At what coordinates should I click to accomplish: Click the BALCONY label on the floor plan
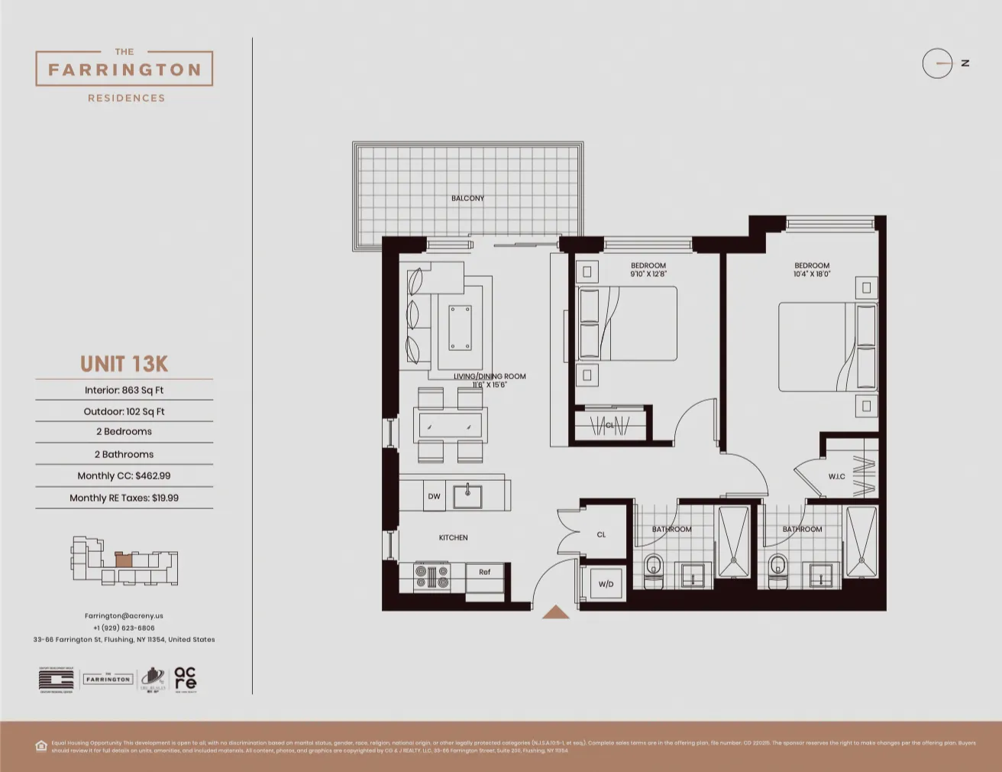(x=467, y=198)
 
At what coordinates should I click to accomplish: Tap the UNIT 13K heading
(x=124, y=364)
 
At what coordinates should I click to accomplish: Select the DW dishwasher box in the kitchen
(x=434, y=496)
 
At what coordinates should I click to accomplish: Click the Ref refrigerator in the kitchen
(x=485, y=573)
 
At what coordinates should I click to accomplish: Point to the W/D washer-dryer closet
(x=606, y=584)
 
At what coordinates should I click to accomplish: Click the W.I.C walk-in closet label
(x=836, y=476)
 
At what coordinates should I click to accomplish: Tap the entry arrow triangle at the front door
(x=555, y=612)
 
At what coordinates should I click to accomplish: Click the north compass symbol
(x=938, y=63)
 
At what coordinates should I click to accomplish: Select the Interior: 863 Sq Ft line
(x=124, y=390)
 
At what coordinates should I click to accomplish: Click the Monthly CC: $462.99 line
(x=124, y=475)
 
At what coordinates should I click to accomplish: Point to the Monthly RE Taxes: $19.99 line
(x=124, y=498)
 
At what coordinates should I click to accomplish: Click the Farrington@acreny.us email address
(x=124, y=615)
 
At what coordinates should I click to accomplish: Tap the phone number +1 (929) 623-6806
(x=124, y=628)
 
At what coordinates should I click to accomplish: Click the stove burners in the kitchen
(x=432, y=576)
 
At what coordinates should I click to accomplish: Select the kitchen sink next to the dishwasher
(x=467, y=496)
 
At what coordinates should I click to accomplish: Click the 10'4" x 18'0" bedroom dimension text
(x=811, y=274)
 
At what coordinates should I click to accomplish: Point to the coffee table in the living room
(x=460, y=327)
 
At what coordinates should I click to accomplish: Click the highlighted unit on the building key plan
(x=124, y=559)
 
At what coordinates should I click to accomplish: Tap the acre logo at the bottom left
(x=185, y=678)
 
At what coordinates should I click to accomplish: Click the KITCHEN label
(x=453, y=537)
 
